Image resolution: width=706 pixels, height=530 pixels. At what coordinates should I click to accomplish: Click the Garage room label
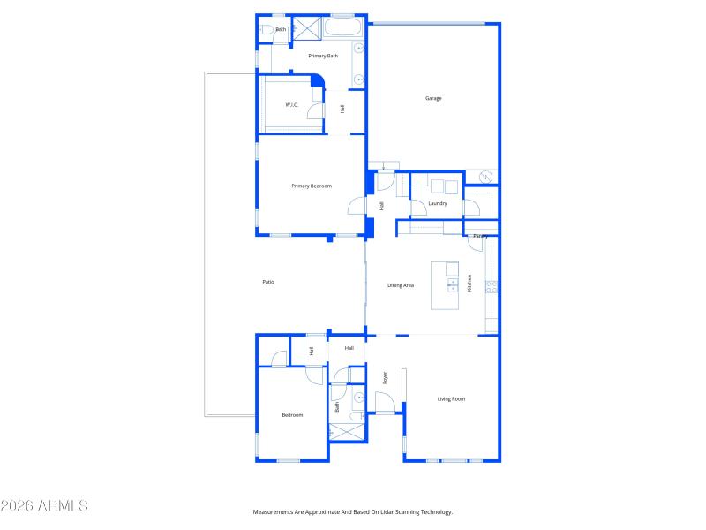click(x=433, y=98)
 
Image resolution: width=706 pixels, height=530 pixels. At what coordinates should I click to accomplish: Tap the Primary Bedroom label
click(x=312, y=185)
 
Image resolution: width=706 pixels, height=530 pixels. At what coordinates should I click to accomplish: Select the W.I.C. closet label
click(x=291, y=105)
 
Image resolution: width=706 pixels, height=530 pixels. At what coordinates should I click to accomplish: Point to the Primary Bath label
click(x=322, y=56)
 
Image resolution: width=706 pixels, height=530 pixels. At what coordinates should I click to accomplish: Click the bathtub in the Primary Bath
click(x=343, y=27)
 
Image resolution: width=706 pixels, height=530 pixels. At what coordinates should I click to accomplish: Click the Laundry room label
click(x=437, y=203)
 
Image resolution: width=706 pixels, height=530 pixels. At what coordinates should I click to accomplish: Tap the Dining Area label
click(x=401, y=285)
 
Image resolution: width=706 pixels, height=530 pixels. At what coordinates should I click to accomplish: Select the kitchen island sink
click(x=452, y=284)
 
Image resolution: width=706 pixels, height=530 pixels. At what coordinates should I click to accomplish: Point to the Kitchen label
click(x=469, y=283)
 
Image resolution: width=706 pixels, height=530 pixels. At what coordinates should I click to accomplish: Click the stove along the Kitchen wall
click(x=492, y=285)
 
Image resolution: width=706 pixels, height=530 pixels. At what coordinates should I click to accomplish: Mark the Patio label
click(x=268, y=282)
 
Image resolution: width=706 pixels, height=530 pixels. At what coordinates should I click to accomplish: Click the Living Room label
click(x=451, y=399)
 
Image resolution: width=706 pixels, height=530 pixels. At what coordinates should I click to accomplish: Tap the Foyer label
click(x=386, y=378)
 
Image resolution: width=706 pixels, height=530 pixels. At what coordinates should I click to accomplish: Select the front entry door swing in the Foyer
click(x=385, y=403)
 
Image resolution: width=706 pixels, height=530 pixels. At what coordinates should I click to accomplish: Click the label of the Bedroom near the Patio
click(x=292, y=415)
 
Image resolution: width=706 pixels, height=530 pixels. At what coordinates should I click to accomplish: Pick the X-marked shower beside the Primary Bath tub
click(x=305, y=27)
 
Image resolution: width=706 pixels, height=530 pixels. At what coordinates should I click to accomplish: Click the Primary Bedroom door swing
click(x=356, y=206)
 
